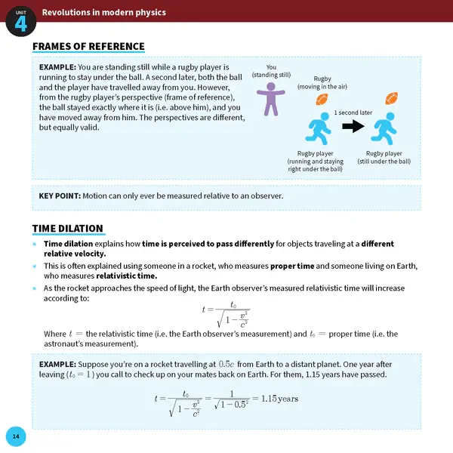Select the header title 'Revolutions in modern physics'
point(104,12)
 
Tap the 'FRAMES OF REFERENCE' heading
point(88,47)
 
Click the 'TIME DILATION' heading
point(67,229)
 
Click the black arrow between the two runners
point(353,127)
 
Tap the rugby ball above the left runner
point(322,100)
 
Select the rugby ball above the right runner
point(391,98)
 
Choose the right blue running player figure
point(385,128)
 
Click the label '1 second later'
point(353,112)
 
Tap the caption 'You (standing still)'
point(271,71)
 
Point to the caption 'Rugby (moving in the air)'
point(322,83)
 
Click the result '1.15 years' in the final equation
point(279,398)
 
